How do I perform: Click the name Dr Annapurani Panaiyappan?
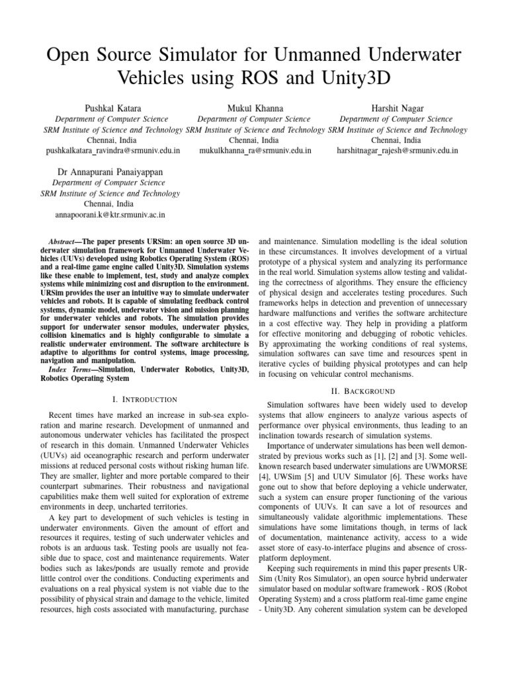110,171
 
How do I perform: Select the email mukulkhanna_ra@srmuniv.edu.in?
255,151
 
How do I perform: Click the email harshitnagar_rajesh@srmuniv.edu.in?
397,151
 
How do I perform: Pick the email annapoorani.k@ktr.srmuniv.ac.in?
110,215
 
